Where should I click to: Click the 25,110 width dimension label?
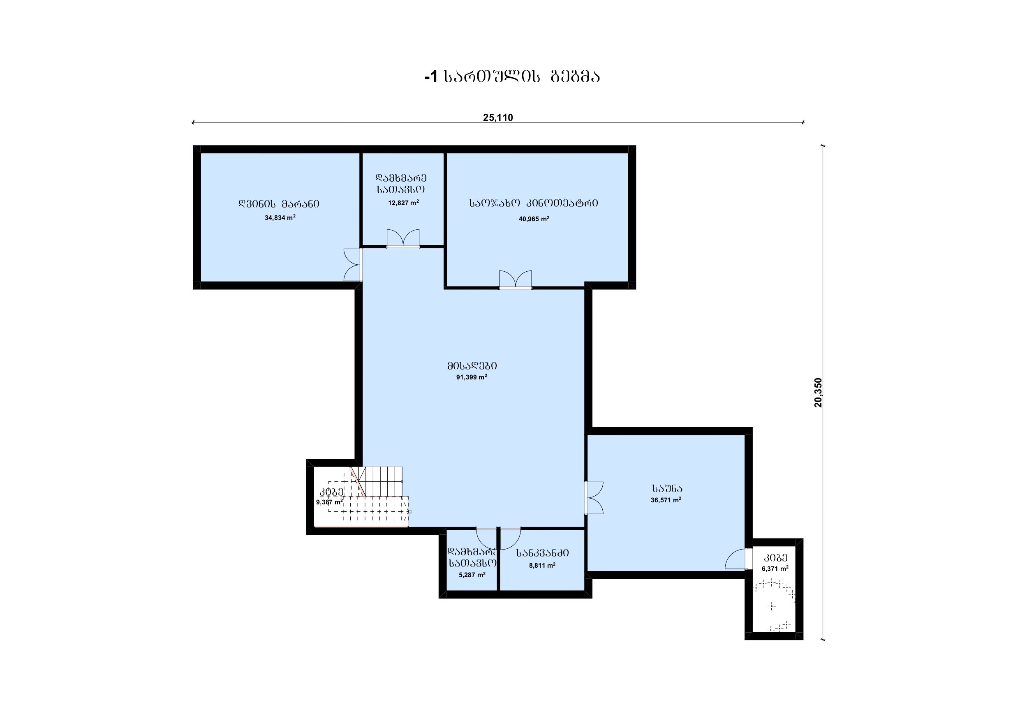click(497, 117)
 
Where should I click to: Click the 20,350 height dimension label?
click(818, 392)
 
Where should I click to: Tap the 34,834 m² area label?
click(280, 218)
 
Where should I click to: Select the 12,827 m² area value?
click(403, 203)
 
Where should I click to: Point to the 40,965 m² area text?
click(534, 219)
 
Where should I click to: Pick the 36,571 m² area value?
click(666, 500)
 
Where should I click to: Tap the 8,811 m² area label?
click(541, 566)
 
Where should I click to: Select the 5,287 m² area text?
click(472, 574)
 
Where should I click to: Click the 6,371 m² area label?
click(775, 568)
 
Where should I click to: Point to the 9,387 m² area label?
click(329, 502)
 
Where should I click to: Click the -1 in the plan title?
click(430, 77)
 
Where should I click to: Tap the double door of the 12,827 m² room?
click(403, 238)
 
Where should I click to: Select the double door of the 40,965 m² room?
click(515, 280)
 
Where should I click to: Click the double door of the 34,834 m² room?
click(353, 265)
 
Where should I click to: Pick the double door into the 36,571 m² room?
click(594, 498)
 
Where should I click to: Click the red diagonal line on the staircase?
click(358, 481)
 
